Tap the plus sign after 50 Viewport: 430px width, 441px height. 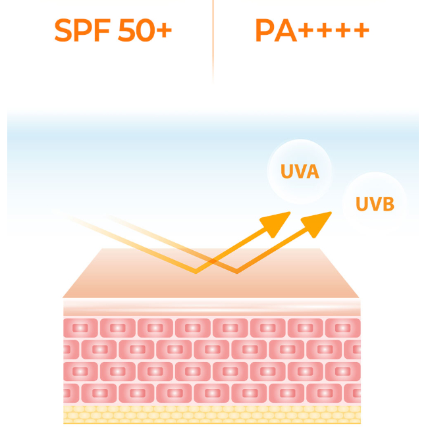pyautogui.click(x=165, y=31)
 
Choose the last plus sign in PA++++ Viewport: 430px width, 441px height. pyautogui.click(x=360, y=31)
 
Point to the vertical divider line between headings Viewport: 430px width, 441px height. pyautogui.click(x=213, y=39)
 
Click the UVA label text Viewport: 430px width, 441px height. pyautogui.click(x=300, y=172)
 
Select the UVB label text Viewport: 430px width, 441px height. pyautogui.click(x=375, y=203)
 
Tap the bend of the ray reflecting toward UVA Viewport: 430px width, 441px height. pyautogui.click(x=196, y=271)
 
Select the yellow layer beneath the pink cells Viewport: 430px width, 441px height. pyautogui.click(x=211, y=413)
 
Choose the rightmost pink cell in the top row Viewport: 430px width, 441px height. pyautogui.click(x=344, y=327)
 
